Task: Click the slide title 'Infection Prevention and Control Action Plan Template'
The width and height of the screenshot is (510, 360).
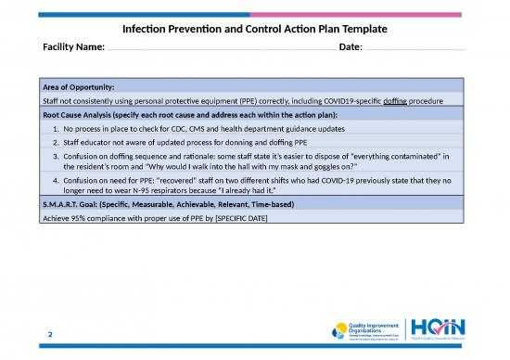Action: tap(255, 29)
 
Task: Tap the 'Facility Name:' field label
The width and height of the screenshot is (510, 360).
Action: tap(74, 47)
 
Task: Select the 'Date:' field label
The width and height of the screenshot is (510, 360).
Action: tap(351, 47)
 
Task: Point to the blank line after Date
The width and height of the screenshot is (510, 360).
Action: tap(413, 51)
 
